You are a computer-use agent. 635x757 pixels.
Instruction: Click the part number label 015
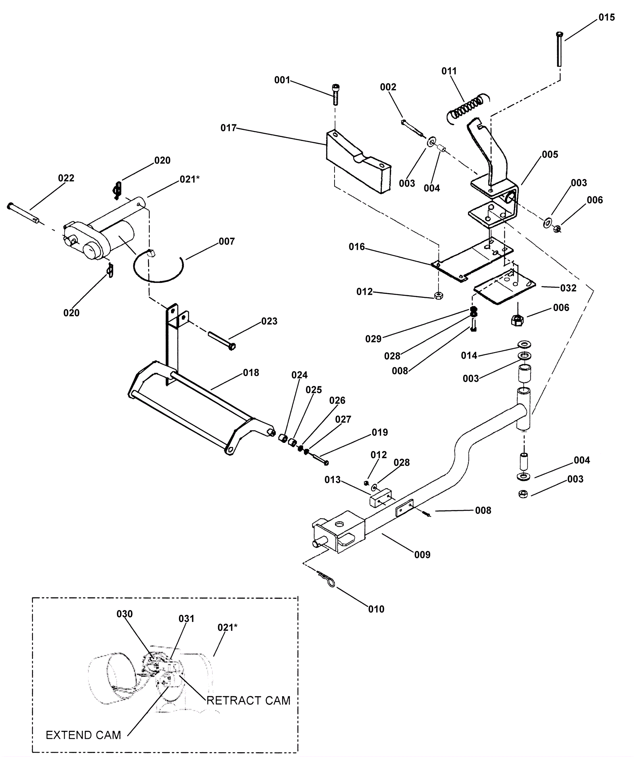(606, 17)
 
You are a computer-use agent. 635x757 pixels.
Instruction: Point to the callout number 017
(229, 128)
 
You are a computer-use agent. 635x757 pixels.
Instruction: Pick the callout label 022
(66, 178)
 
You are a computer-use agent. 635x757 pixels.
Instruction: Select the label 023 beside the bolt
(269, 321)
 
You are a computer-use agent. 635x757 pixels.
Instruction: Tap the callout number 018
(251, 373)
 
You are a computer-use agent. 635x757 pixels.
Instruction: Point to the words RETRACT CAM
(248, 700)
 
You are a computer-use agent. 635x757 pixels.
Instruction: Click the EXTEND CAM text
(83, 735)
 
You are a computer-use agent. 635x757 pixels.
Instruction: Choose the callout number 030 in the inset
(125, 614)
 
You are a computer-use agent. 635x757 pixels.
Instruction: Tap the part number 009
(422, 555)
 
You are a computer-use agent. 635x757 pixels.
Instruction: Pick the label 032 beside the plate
(568, 288)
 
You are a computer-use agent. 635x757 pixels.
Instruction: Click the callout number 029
(373, 339)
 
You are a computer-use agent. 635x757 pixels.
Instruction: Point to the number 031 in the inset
(187, 619)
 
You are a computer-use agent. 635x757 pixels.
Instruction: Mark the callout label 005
(550, 154)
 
